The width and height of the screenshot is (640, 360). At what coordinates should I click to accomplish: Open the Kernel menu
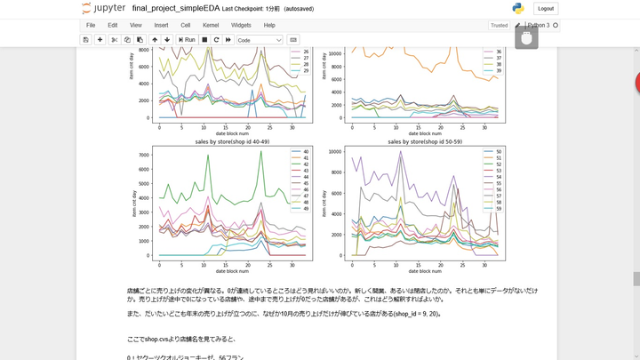tap(211, 25)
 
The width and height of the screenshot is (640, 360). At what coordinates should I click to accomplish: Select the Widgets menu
tap(241, 25)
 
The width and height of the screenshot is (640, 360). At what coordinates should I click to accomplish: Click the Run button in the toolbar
tap(187, 40)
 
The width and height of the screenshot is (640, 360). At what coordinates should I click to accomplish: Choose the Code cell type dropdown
tap(260, 40)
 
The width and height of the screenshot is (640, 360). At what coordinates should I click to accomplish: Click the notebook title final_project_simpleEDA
tap(176, 8)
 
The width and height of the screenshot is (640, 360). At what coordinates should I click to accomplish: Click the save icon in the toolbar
tap(85, 40)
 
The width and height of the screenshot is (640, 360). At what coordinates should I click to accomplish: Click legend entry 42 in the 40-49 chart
tap(301, 164)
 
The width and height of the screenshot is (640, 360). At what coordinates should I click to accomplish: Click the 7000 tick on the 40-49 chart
tap(147, 155)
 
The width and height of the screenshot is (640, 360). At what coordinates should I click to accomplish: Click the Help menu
tap(269, 25)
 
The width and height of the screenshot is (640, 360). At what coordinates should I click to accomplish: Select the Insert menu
tap(161, 25)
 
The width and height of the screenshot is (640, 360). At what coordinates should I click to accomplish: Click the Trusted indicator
tap(499, 26)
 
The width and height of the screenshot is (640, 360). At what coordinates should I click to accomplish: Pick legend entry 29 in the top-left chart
tap(302, 71)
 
